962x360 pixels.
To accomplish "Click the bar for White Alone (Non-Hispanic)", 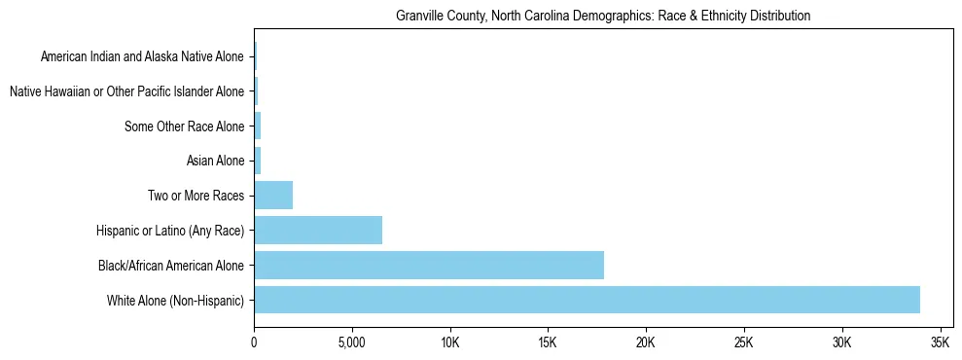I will pos(587,300).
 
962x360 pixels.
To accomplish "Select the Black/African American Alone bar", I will pos(429,265).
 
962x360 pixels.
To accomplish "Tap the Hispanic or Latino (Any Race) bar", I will pos(318,230).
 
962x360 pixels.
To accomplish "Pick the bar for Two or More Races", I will pos(273,195).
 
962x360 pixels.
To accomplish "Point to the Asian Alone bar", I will pos(258,161).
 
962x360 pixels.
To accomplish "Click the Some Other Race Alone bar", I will pos(258,126).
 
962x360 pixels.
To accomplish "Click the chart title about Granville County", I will pos(603,17).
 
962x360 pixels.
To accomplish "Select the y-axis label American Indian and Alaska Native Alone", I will pos(142,56).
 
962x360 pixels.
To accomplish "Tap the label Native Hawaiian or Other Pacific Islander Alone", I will pos(126,91).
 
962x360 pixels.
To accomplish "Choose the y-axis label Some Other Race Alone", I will pos(185,126).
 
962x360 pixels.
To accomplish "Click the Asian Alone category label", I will pos(215,161).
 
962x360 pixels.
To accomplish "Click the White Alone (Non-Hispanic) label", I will pos(176,300).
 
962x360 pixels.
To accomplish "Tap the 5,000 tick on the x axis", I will pos(351,343).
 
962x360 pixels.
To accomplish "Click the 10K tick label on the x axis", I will pos(449,343).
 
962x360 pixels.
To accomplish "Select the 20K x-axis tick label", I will pos(646,343).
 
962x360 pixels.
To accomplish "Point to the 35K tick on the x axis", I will pos(940,343).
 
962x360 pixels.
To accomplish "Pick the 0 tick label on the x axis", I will pos(254,343).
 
